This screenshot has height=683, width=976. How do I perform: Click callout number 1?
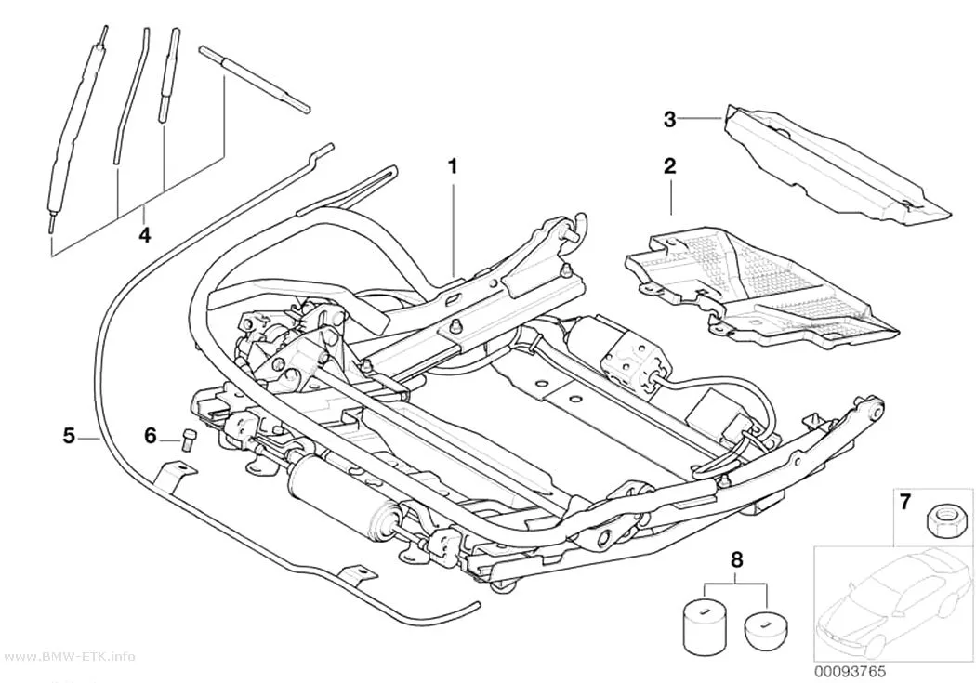(454, 166)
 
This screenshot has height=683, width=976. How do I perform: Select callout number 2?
(670, 166)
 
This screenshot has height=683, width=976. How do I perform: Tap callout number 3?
(669, 119)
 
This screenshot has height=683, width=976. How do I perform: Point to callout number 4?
(144, 235)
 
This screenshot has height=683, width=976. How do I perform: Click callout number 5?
(69, 436)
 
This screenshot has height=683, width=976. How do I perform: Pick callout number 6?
(150, 436)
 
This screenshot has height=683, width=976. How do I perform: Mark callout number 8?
(736, 559)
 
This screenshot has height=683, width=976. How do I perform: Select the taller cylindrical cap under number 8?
(706, 624)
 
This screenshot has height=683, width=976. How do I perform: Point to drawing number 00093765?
(851, 671)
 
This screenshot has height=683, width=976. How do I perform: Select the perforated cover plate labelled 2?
(759, 286)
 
